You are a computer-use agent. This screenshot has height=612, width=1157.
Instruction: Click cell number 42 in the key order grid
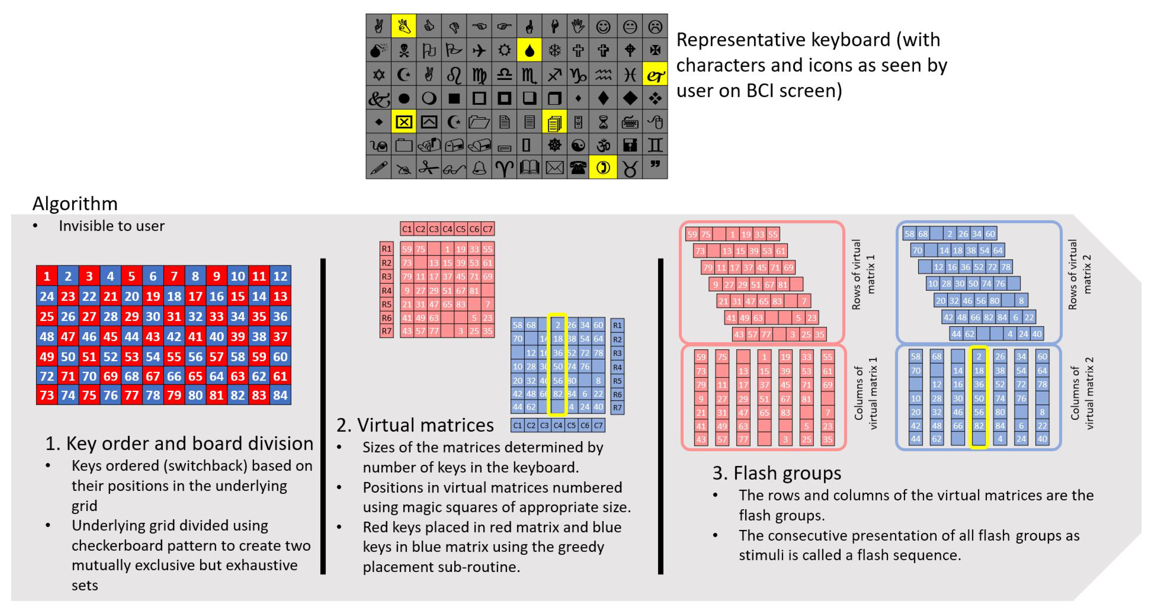click(174, 336)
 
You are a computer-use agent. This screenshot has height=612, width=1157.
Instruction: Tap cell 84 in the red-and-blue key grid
click(280, 395)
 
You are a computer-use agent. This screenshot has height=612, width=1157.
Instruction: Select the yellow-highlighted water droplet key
click(529, 50)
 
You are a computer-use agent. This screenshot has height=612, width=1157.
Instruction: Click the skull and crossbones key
click(404, 50)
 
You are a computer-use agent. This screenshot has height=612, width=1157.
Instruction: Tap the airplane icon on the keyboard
click(479, 50)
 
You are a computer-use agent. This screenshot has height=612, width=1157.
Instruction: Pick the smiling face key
click(603, 27)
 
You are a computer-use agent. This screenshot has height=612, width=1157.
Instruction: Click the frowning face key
click(655, 27)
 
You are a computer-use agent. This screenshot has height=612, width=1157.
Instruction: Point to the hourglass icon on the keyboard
click(603, 122)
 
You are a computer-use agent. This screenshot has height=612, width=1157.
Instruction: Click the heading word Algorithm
click(75, 203)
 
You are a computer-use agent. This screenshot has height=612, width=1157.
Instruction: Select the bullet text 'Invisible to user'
click(112, 226)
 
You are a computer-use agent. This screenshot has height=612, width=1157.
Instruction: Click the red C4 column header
click(447, 229)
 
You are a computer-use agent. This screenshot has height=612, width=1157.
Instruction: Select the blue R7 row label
click(617, 408)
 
